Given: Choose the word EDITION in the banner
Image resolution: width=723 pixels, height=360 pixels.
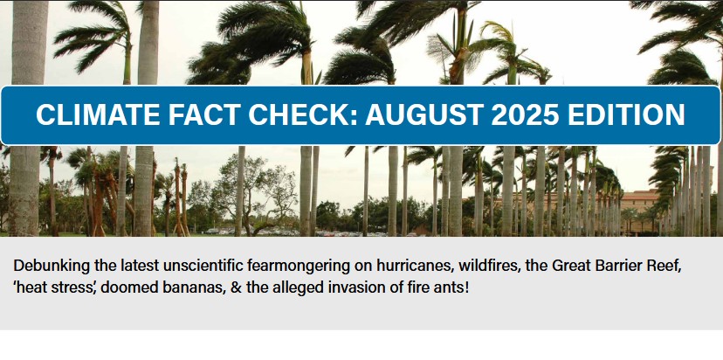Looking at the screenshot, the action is tap(626, 114).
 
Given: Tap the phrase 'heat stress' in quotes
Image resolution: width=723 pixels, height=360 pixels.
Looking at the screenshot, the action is tap(55, 287).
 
